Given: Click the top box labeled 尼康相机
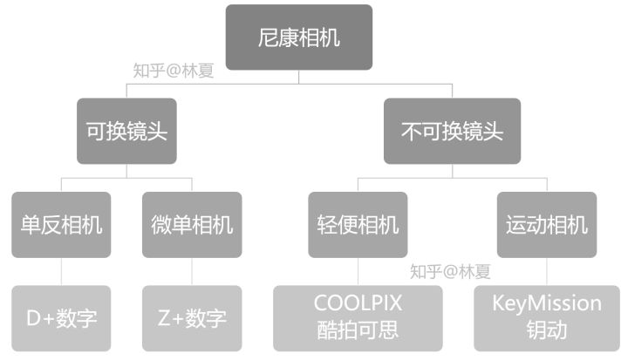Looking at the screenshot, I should (299, 37).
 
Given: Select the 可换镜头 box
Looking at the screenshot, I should (126, 131).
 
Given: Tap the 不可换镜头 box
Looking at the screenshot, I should (452, 131).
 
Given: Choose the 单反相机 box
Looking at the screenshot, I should (61, 224).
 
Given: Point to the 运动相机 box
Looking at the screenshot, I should (547, 224).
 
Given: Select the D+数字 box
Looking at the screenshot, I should (61, 317).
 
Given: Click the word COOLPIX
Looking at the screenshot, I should (358, 303).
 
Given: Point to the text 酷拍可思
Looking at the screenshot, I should (358, 331).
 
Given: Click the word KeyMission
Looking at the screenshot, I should (547, 303).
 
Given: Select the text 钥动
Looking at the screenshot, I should (547, 331).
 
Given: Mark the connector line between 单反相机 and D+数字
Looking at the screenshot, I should (61, 271).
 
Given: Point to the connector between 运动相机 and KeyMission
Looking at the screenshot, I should (547, 271).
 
